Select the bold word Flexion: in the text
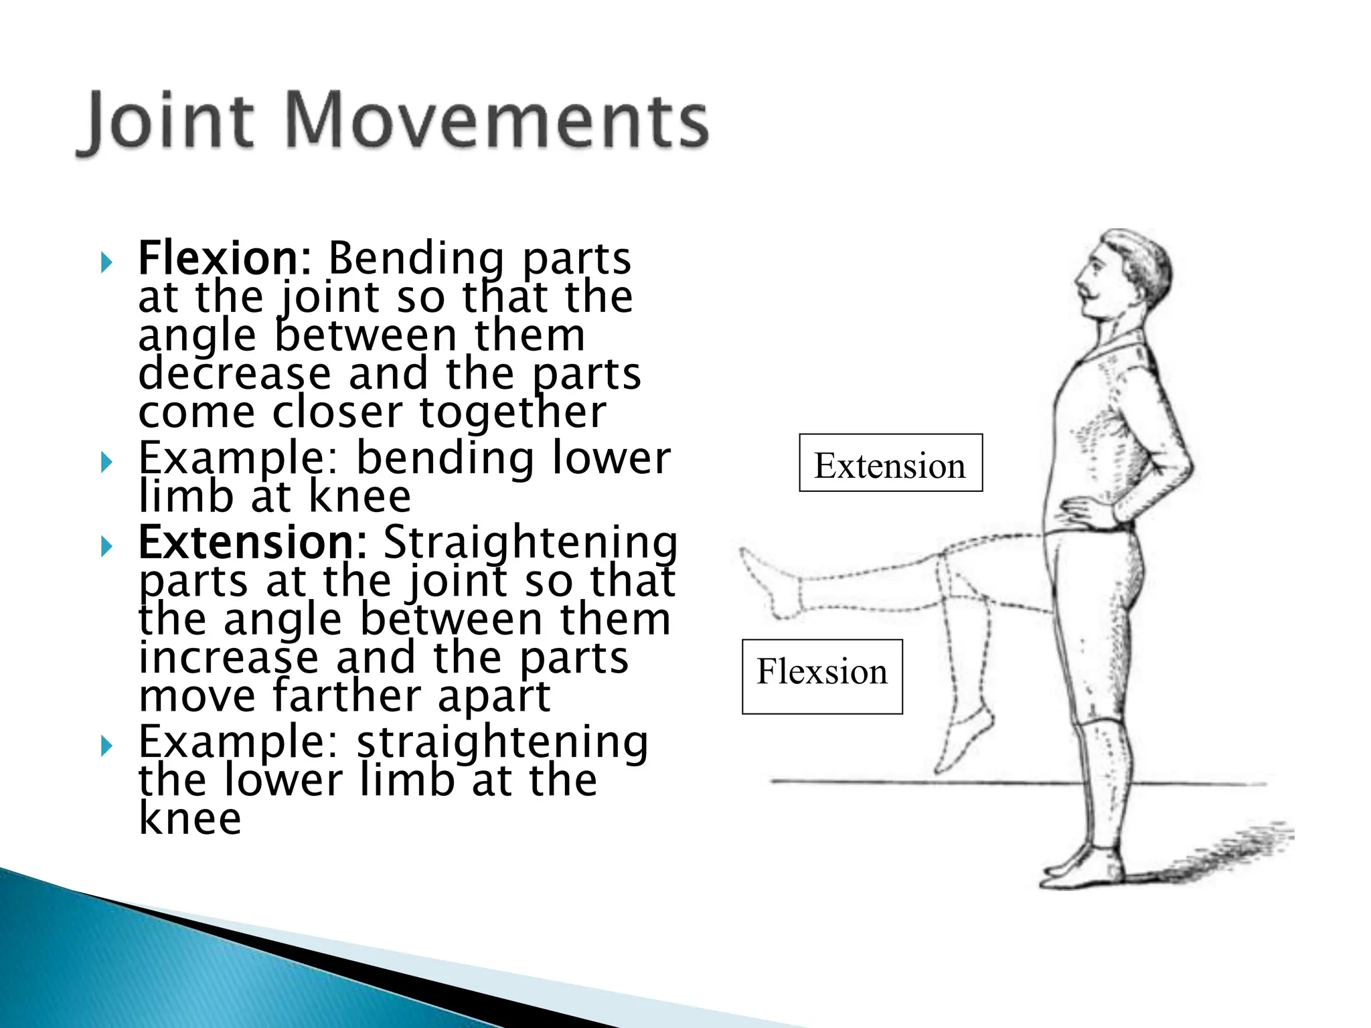[x=224, y=258]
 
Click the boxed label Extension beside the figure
[x=890, y=464]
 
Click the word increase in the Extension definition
[x=228, y=658]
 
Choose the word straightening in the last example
[x=502, y=743]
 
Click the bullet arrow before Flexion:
[x=106, y=262]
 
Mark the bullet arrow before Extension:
[x=106, y=547]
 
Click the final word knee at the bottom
[x=189, y=819]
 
